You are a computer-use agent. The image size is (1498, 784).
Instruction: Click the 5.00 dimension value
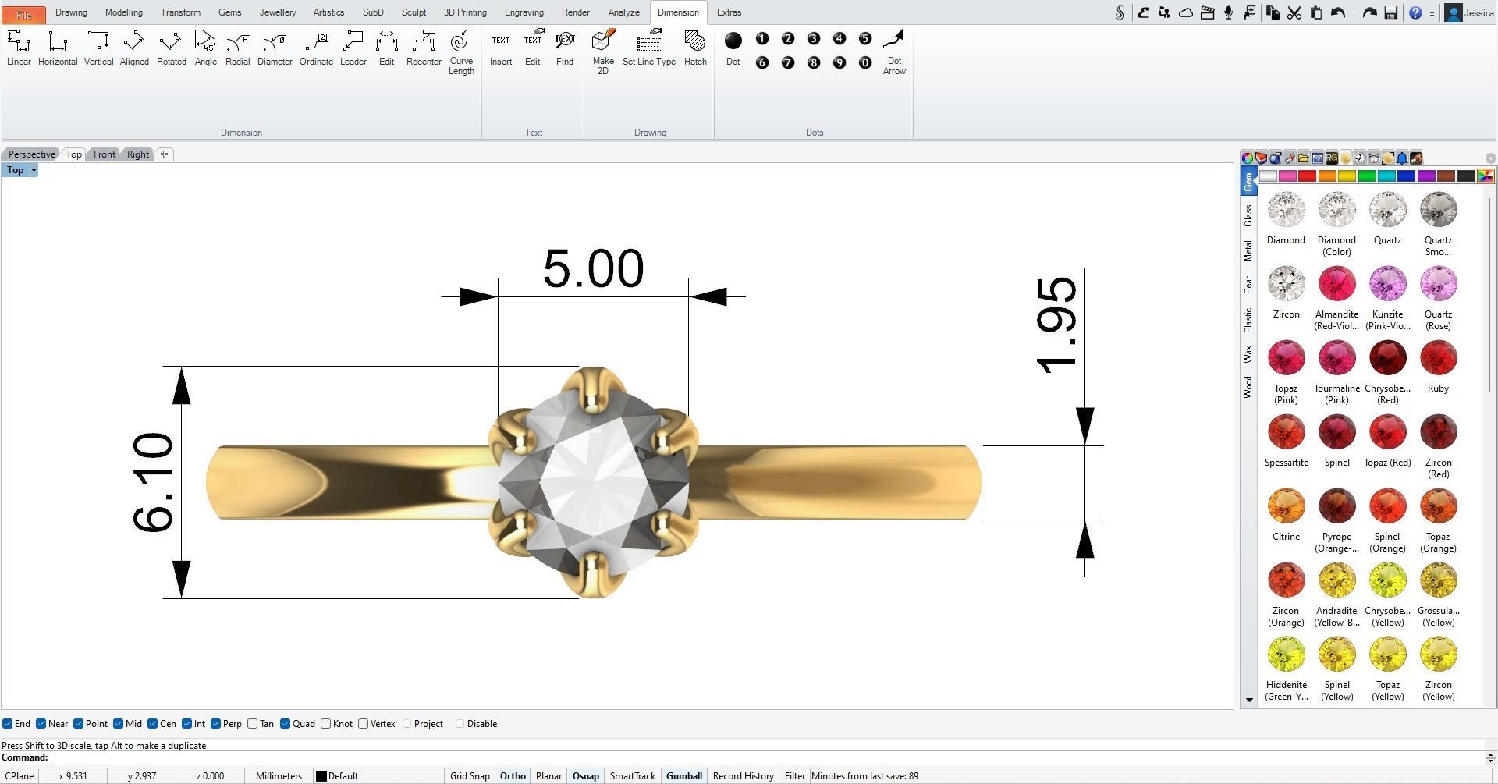click(593, 268)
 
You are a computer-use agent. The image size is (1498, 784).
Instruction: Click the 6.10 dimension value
click(153, 483)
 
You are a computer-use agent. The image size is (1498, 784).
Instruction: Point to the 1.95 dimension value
click(1056, 325)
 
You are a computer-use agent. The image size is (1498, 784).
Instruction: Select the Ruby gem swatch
click(1438, 359)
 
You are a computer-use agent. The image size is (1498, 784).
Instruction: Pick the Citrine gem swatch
click(1286, 507)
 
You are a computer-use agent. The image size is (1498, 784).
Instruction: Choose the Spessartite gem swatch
click(1286, 433)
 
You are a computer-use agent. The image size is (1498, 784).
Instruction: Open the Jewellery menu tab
click(278, 12)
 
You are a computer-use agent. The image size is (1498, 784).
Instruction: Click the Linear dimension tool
click(19, 48)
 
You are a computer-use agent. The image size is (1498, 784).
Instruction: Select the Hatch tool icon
click(694, 48)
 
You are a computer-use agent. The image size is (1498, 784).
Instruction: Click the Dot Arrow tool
click(893, 51)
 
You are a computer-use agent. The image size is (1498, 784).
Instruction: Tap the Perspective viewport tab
click(32, 154)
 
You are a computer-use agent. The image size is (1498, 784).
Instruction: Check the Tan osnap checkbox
click(253, 724)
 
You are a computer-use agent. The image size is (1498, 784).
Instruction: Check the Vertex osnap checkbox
click(364, 724)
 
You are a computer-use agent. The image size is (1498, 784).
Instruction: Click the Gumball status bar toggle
click(683, 776)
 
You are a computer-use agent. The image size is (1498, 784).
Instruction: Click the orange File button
click(23, 14)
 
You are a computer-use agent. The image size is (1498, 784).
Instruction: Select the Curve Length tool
click(461, 51)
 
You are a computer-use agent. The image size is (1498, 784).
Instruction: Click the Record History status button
click(743, 776)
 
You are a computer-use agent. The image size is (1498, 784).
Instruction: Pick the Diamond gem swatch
click(1286, 211)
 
